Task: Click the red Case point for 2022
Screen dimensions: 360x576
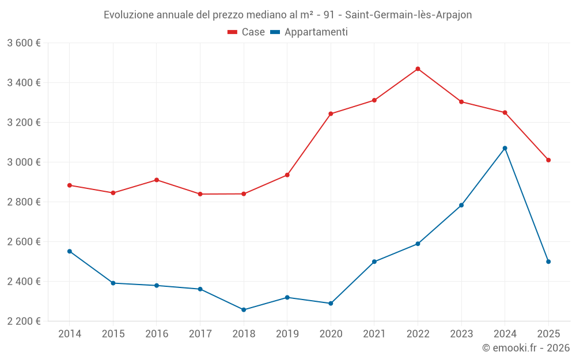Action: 418,69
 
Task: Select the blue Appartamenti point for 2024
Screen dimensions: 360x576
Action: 505,148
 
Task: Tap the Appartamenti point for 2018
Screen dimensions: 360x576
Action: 244,310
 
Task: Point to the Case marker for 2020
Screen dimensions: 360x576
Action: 331,114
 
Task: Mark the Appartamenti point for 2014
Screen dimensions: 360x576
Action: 70,251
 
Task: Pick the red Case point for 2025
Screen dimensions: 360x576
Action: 548,160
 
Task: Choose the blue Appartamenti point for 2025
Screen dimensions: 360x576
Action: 548,262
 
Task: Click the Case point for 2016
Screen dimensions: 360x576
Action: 157,180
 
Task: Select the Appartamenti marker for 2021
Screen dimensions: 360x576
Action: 374,262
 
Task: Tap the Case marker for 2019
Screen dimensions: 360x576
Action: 287,175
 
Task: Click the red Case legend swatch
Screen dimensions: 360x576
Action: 233,32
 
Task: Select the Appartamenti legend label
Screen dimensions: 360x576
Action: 316,32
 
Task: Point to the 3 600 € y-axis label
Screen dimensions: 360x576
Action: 24,43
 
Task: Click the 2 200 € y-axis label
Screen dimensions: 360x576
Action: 24,321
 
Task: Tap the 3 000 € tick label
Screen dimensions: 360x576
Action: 24,162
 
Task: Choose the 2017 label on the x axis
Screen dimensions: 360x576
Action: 200,334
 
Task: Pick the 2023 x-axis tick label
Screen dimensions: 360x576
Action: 461,334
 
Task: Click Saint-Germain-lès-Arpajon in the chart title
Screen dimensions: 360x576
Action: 408,15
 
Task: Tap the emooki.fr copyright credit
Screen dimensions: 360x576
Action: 526,348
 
